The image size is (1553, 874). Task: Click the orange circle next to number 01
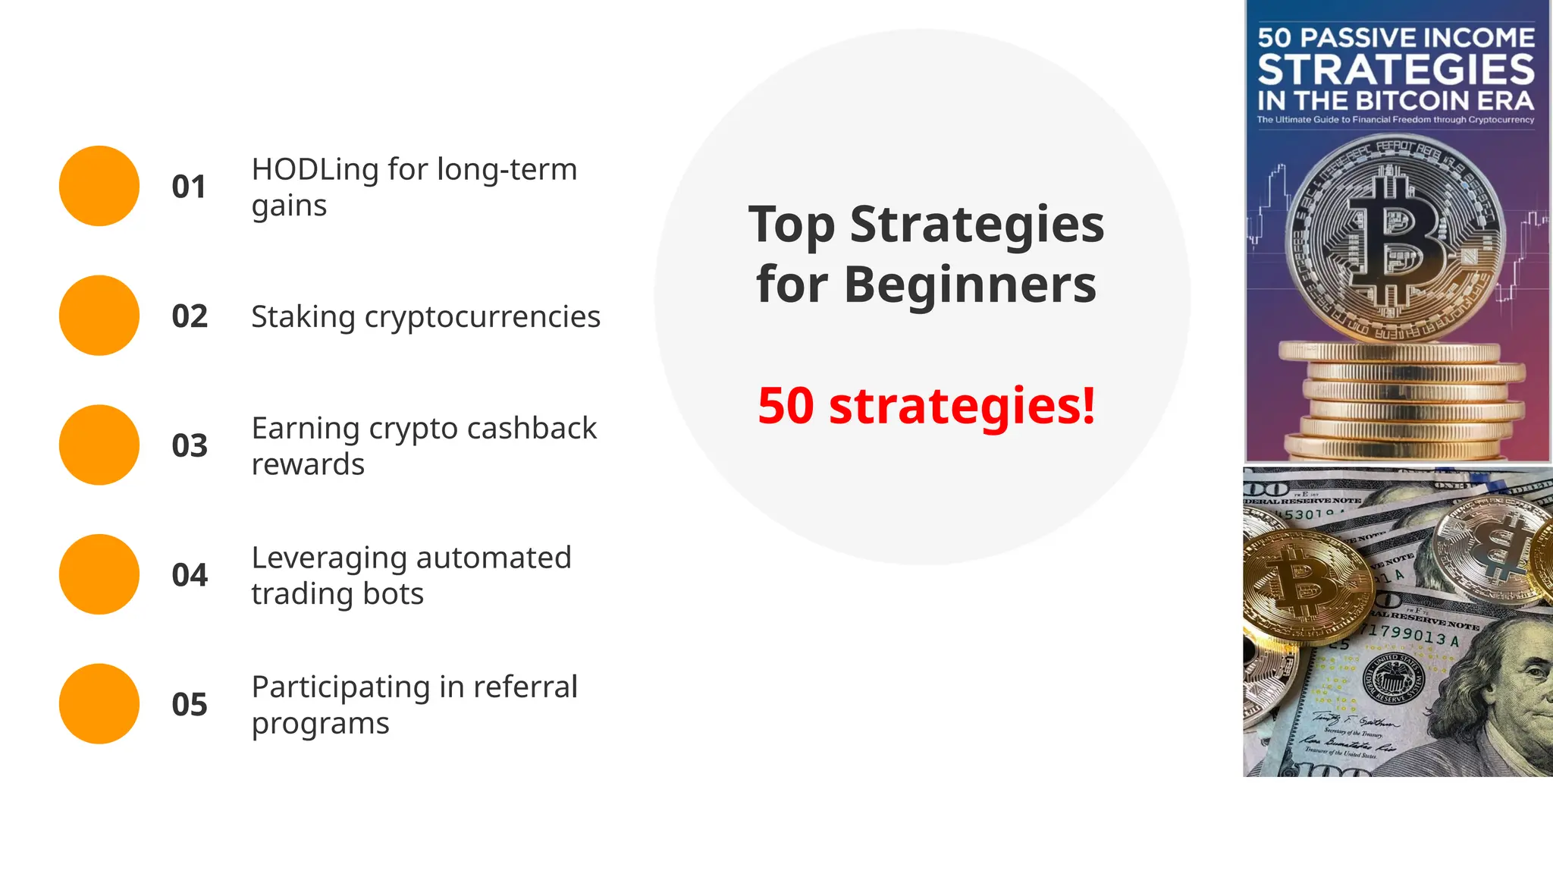click(x=99, y=186)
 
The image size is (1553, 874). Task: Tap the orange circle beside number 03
click(x=99, y=445)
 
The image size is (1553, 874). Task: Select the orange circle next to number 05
click(x=99, y=704)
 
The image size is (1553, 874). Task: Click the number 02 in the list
click(x=190, y=316)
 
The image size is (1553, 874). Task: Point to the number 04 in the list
click(x=190, y=575)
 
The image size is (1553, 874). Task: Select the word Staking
click(x=303, y=317)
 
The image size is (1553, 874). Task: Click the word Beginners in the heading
click(x=970, y=285)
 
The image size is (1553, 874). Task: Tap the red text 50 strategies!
click(x=926, y=405)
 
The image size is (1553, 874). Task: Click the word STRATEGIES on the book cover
click(x=1396, y=70)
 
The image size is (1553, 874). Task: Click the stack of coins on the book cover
click(x=1399, y=402)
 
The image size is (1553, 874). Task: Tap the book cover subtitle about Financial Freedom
click(x=1396, y=120)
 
